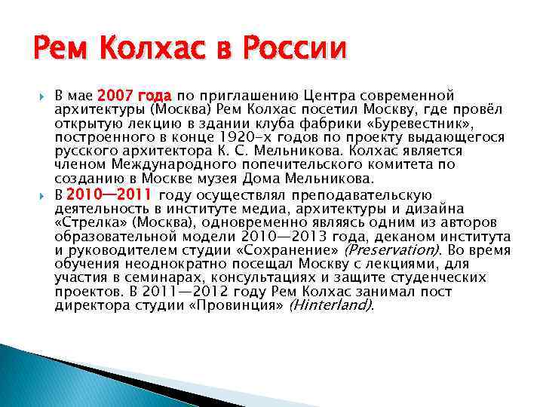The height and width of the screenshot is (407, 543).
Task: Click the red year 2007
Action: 118,96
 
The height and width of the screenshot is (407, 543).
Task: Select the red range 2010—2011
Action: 112,195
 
